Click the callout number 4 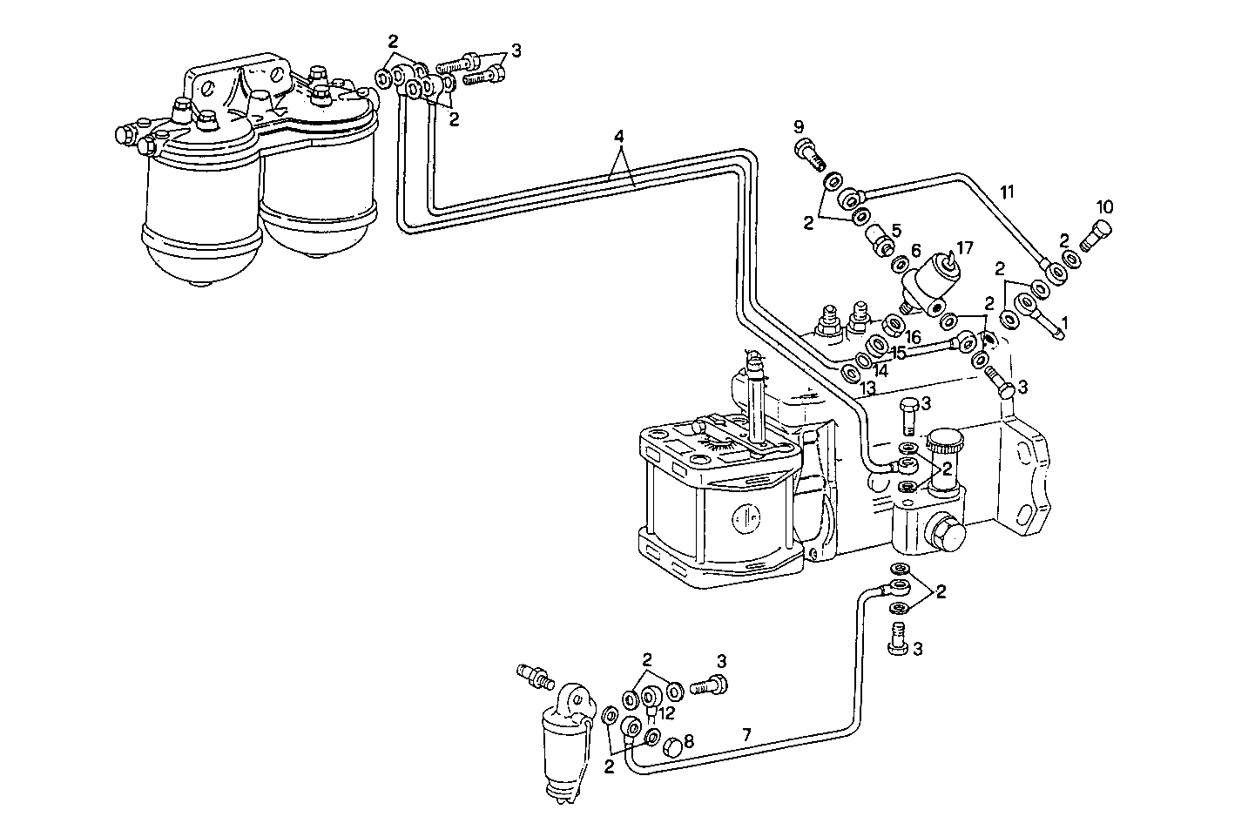pos(618,137)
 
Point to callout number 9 pos(800,127)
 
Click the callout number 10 pos(1104,207)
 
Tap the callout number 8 pos(688,742)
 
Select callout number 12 pos(666,713)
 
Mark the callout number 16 pos(912,335)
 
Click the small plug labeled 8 pos(671,748)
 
